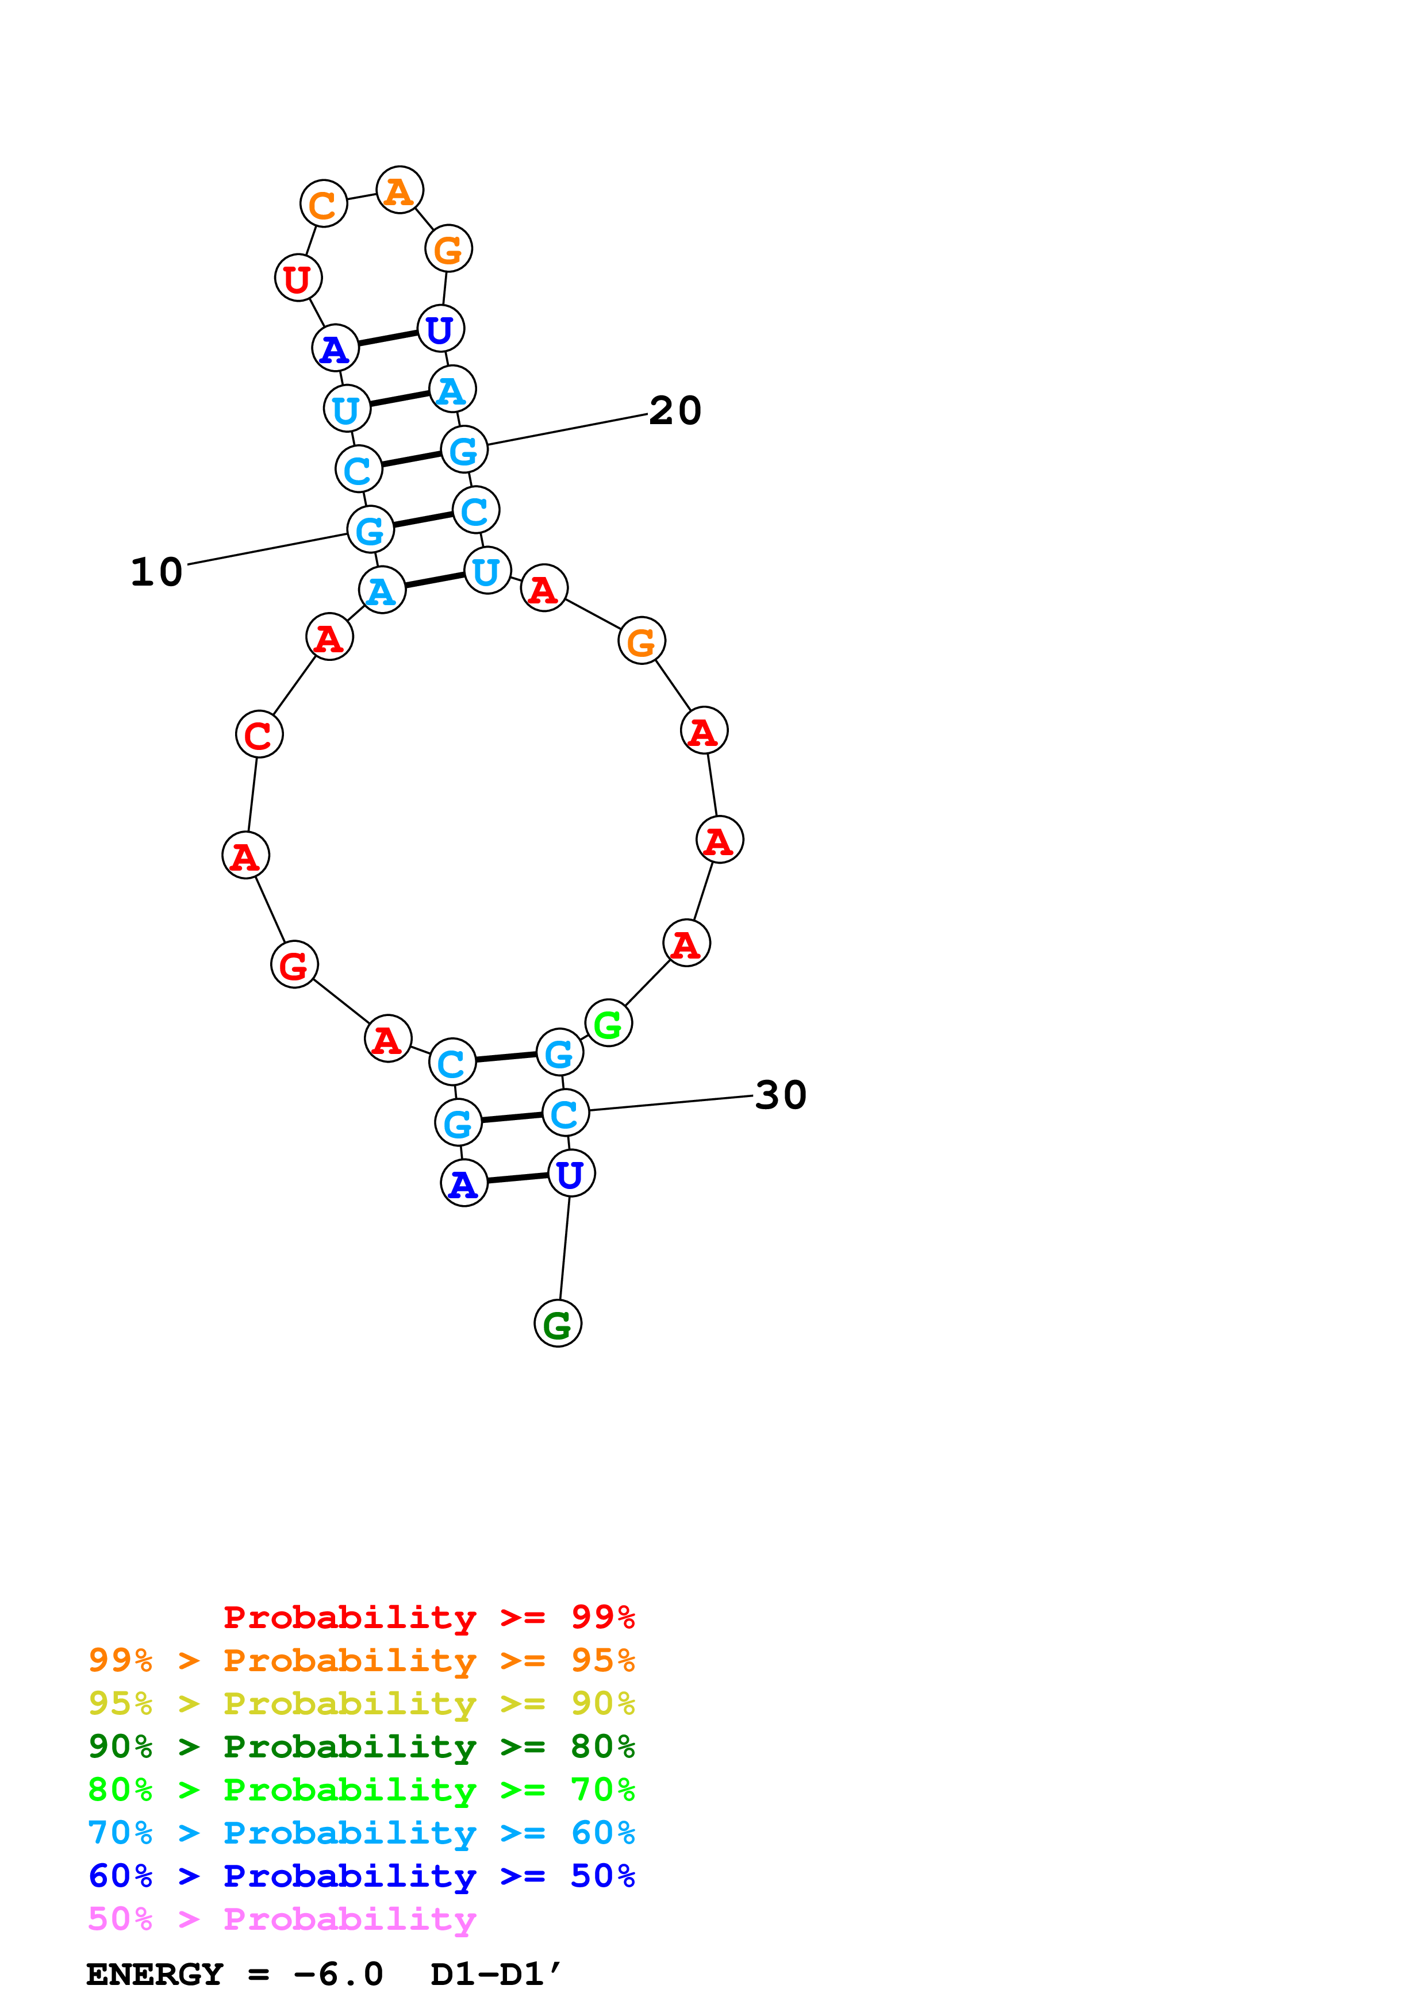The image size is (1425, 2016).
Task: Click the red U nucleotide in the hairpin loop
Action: coord(298,278)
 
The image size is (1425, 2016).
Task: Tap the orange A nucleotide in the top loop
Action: coord(400,191)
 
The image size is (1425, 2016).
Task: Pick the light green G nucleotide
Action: coord(608,1024)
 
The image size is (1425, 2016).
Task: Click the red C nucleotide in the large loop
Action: coord(259,735)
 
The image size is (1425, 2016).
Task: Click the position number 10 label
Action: coord(156,572)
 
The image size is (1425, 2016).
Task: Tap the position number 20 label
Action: coord(675,411)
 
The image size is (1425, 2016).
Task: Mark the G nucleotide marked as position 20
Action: coord(463,451)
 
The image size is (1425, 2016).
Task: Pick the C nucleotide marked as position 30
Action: coord(564,1113)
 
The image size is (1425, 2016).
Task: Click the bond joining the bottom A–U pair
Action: coord(517,1178)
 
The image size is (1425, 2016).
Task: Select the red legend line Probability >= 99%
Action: coord(428,1617)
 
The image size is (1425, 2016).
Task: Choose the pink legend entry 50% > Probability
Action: coord(282,1919)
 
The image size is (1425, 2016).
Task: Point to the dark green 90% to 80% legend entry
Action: coord(362,1747)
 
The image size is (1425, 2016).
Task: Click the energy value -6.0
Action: coord(338,1975)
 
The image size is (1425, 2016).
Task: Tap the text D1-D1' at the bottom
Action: coord(495,1975)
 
